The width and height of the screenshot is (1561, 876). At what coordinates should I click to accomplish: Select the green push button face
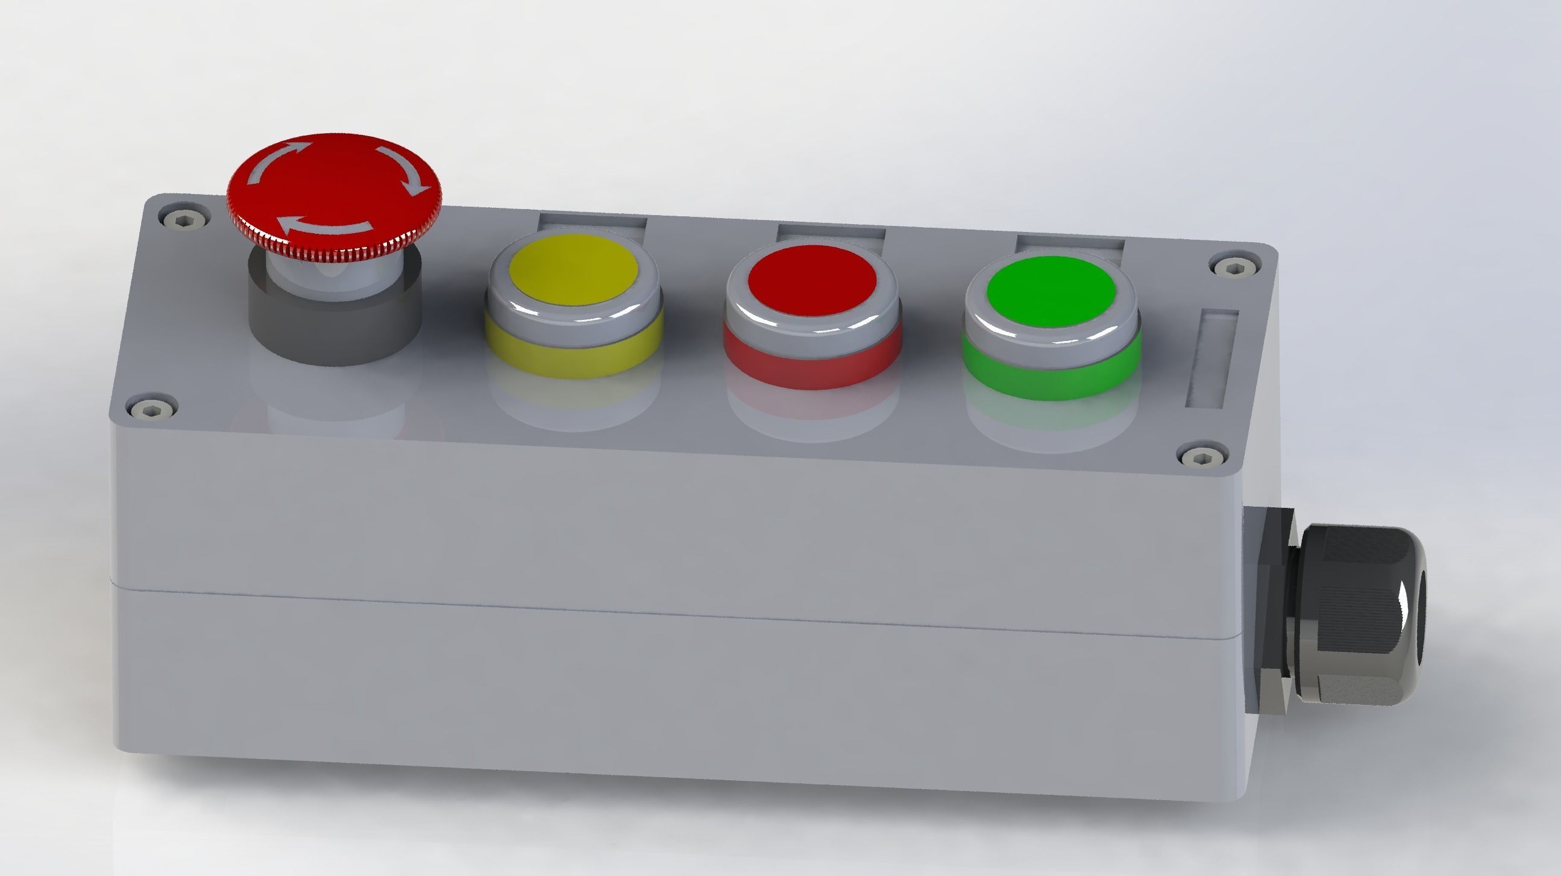1051,293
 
